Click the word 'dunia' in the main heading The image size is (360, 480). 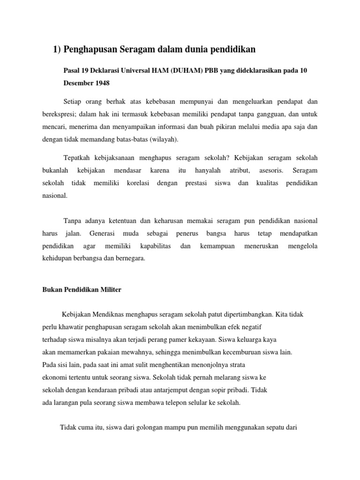click(196, 49)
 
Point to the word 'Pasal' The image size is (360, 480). click(72, 70)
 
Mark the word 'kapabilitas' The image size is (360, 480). click(155, 246)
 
